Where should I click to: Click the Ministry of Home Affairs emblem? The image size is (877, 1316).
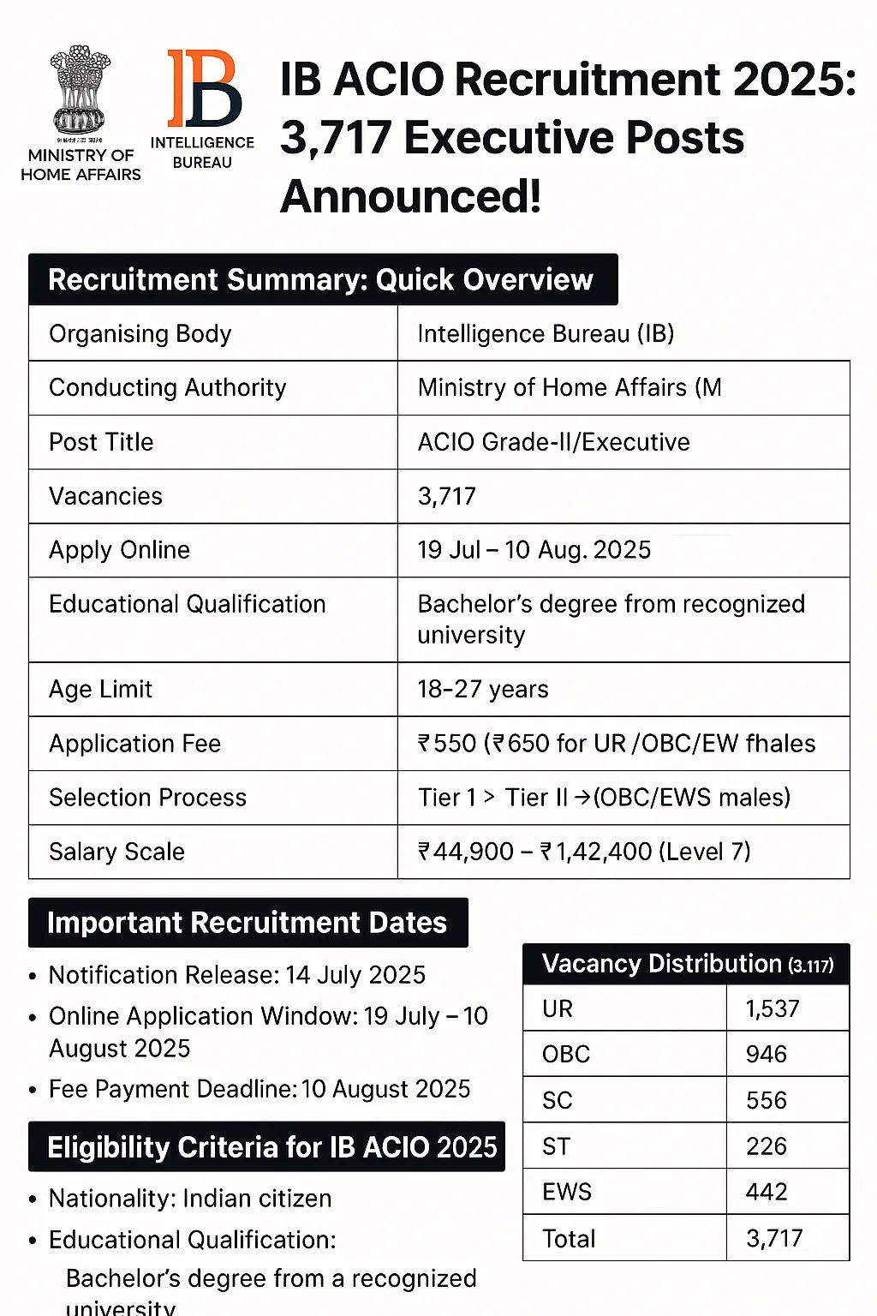[x=81, y=90]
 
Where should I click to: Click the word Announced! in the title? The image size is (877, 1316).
[x=410, y=196]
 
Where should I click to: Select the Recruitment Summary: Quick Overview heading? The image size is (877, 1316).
[x=321, y=280]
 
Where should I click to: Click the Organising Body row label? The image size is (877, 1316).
[x=140, y=333]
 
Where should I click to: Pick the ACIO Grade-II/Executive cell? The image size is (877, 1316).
[x=553, y=442]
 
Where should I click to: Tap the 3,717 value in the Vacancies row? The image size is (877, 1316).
[x=446, y=496]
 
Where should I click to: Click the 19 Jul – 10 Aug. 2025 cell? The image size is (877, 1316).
[x=534, y=550]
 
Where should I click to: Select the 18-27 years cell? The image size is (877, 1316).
[x=483, y=689]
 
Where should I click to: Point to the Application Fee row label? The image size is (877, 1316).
[x=134, y=744]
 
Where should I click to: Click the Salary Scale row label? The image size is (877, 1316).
[x=116, y=852]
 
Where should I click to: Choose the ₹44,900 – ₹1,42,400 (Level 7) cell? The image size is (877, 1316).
[x=583, y=852]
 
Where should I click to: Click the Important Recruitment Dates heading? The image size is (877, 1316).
[x=247, y=923]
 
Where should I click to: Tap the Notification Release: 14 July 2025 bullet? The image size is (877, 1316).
[x=236, y=975]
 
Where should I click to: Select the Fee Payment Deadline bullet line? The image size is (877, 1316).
[x=259, y=1089]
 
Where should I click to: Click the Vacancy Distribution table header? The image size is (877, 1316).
[x=686, y=964]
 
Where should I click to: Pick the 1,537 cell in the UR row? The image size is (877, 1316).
[x=773, y=1008]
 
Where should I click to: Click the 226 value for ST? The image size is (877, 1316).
[x=767, y=1146]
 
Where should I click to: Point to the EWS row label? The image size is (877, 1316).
[x=567, y=1192]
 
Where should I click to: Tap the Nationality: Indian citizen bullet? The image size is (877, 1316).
[x=189, y=1199]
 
